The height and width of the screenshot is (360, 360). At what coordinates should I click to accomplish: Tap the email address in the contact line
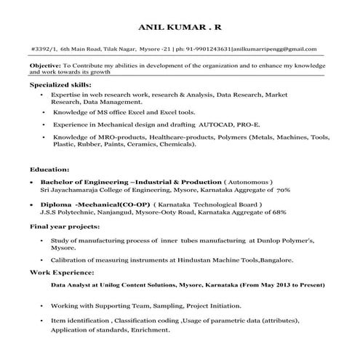pos(274,48)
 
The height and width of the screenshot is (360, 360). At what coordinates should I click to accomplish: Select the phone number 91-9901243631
pos(206,48)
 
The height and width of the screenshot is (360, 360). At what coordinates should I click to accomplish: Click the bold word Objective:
pos(45,65)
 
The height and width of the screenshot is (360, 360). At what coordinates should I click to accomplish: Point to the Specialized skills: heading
pos(60,85)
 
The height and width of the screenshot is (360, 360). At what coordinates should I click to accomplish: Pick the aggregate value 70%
pos(283,189)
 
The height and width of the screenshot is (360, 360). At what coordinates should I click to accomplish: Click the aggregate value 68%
pos(280,212)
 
